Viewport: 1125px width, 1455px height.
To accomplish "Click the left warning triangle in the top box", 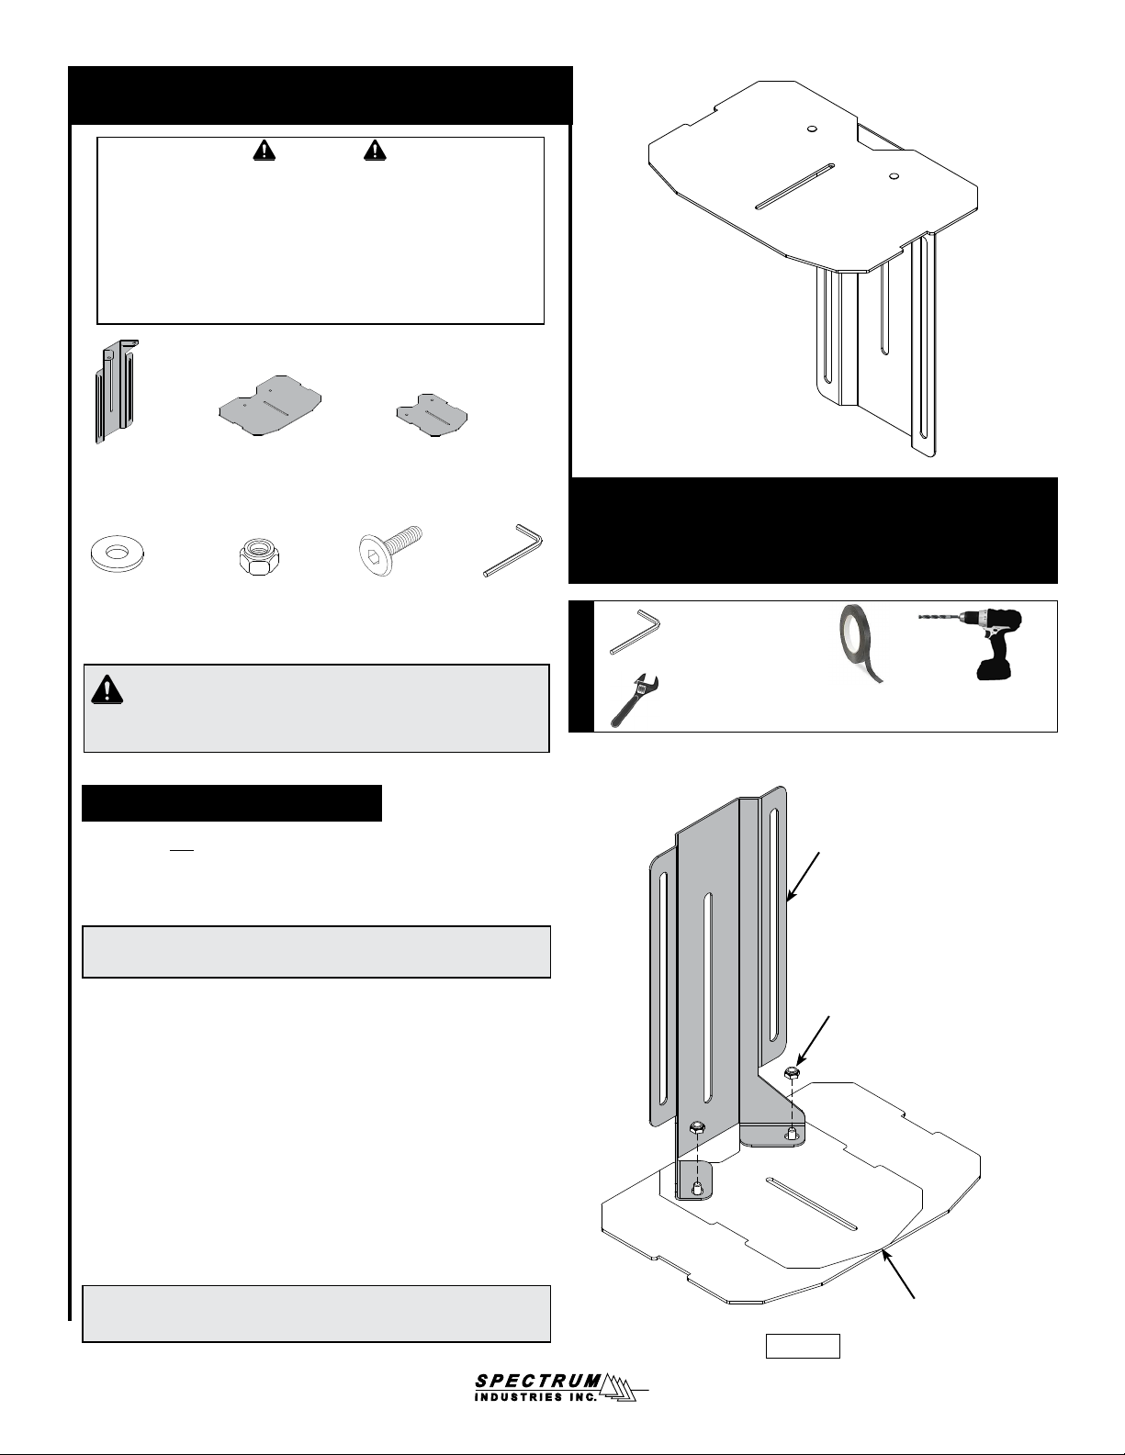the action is tap(264, 151).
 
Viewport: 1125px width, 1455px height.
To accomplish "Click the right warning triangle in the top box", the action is tap(375, 151).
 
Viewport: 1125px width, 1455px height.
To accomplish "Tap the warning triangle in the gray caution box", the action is tap(107, 689).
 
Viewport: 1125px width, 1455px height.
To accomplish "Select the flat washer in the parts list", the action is tap(118, 554).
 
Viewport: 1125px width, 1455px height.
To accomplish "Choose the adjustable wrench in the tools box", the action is tap(635, 700).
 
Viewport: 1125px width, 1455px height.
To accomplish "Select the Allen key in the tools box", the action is tap(635, 631).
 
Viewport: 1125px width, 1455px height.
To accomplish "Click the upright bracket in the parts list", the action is tap(117, 392).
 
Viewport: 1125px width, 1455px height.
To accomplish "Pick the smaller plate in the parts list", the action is tap(432, 415).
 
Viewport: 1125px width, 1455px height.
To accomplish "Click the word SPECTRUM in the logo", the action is tap(538, 1380).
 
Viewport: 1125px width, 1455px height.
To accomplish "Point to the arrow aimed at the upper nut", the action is tap(813, 1040).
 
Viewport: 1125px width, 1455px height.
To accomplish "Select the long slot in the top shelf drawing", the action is tap(795, 186).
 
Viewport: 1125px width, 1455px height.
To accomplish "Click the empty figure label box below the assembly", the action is tap(803, 1347).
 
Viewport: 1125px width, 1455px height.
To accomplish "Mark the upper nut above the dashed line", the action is tap(792, 1073).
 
